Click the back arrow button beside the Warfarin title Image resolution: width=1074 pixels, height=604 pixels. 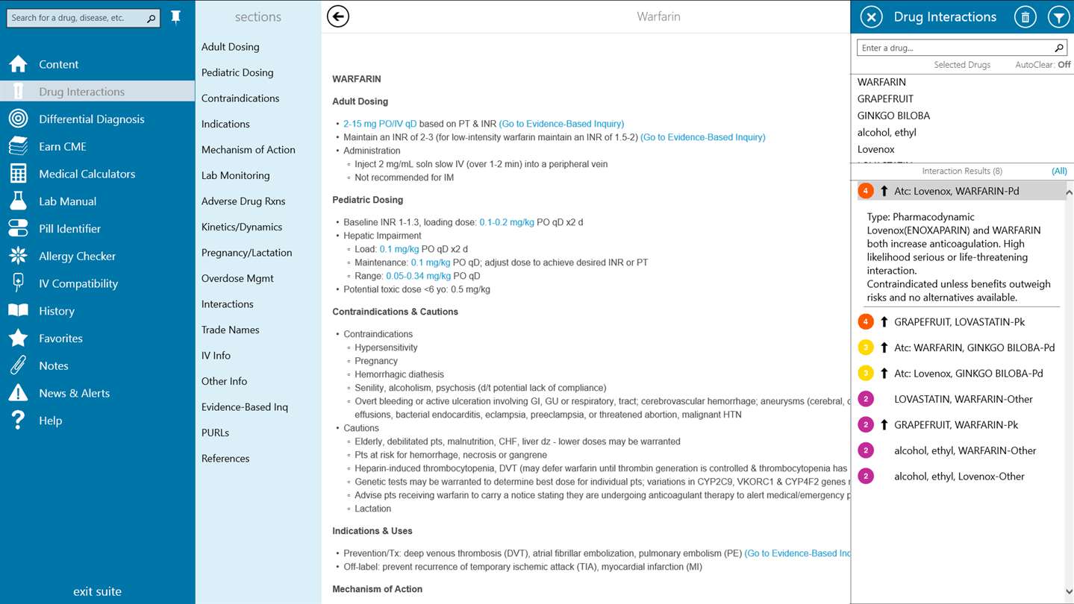pos(338,16)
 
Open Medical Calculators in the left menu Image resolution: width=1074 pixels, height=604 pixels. pos(87,174)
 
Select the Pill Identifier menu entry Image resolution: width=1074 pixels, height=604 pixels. pos(69,229)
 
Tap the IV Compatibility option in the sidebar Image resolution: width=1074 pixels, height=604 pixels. pos(78,283)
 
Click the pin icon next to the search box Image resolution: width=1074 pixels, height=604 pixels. pos(176,17)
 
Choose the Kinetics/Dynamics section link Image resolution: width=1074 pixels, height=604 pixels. pos(242,227)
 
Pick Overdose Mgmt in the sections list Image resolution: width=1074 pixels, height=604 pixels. pos(237,278)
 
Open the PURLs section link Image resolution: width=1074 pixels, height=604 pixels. pos(215,432)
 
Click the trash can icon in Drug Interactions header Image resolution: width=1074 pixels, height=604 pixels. pos(1025,17)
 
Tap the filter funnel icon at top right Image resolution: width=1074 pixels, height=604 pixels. pos(1058,17)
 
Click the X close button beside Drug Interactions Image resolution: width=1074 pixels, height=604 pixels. pos(871,17)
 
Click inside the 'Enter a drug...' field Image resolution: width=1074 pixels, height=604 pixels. pos(955,48)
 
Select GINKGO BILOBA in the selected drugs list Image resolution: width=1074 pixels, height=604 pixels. pos(893,116)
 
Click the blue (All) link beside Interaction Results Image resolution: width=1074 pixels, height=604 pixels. pos(1059,171)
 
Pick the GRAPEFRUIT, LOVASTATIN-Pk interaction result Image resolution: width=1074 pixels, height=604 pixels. pos(959,322)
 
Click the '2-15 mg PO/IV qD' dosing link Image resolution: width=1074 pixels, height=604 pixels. pos(380,124)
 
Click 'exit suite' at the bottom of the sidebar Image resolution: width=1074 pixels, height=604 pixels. pos(97,591)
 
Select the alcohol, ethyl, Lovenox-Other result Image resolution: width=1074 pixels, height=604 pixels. pos(959,476)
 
